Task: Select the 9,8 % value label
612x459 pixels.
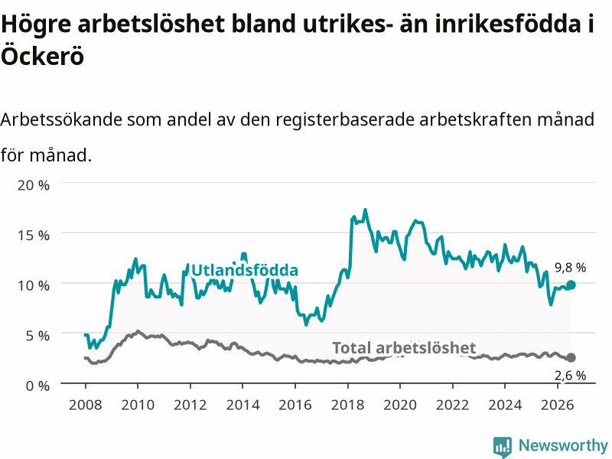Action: [x=570, y=268]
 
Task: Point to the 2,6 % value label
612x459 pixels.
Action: [x=570, y=376]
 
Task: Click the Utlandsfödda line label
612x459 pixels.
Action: [x=245, y=270]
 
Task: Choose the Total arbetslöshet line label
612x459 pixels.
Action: [x=404, y=348]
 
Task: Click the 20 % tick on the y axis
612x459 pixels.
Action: [x=34, y=185]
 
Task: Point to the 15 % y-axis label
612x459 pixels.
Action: [x=34, y=236]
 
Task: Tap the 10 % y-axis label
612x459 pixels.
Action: [x=34, y=285]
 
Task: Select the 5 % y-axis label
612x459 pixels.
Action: [x=37, y=336]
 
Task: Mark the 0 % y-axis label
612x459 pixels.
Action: [x=37, y=386]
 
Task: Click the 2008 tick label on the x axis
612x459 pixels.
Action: [x=86, y=405]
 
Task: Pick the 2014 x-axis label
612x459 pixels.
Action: [x=243, y=405]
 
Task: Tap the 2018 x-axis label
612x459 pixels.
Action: [x=348, y=405]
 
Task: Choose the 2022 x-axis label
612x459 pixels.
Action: [x=452, y=405]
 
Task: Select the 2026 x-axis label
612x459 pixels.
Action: [x=558, y=405]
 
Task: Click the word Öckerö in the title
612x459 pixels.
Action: [x=43, y=55]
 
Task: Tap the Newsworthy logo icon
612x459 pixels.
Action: [x=503, y=447]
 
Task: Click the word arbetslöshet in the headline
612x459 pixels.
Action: [x=151, y=24]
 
